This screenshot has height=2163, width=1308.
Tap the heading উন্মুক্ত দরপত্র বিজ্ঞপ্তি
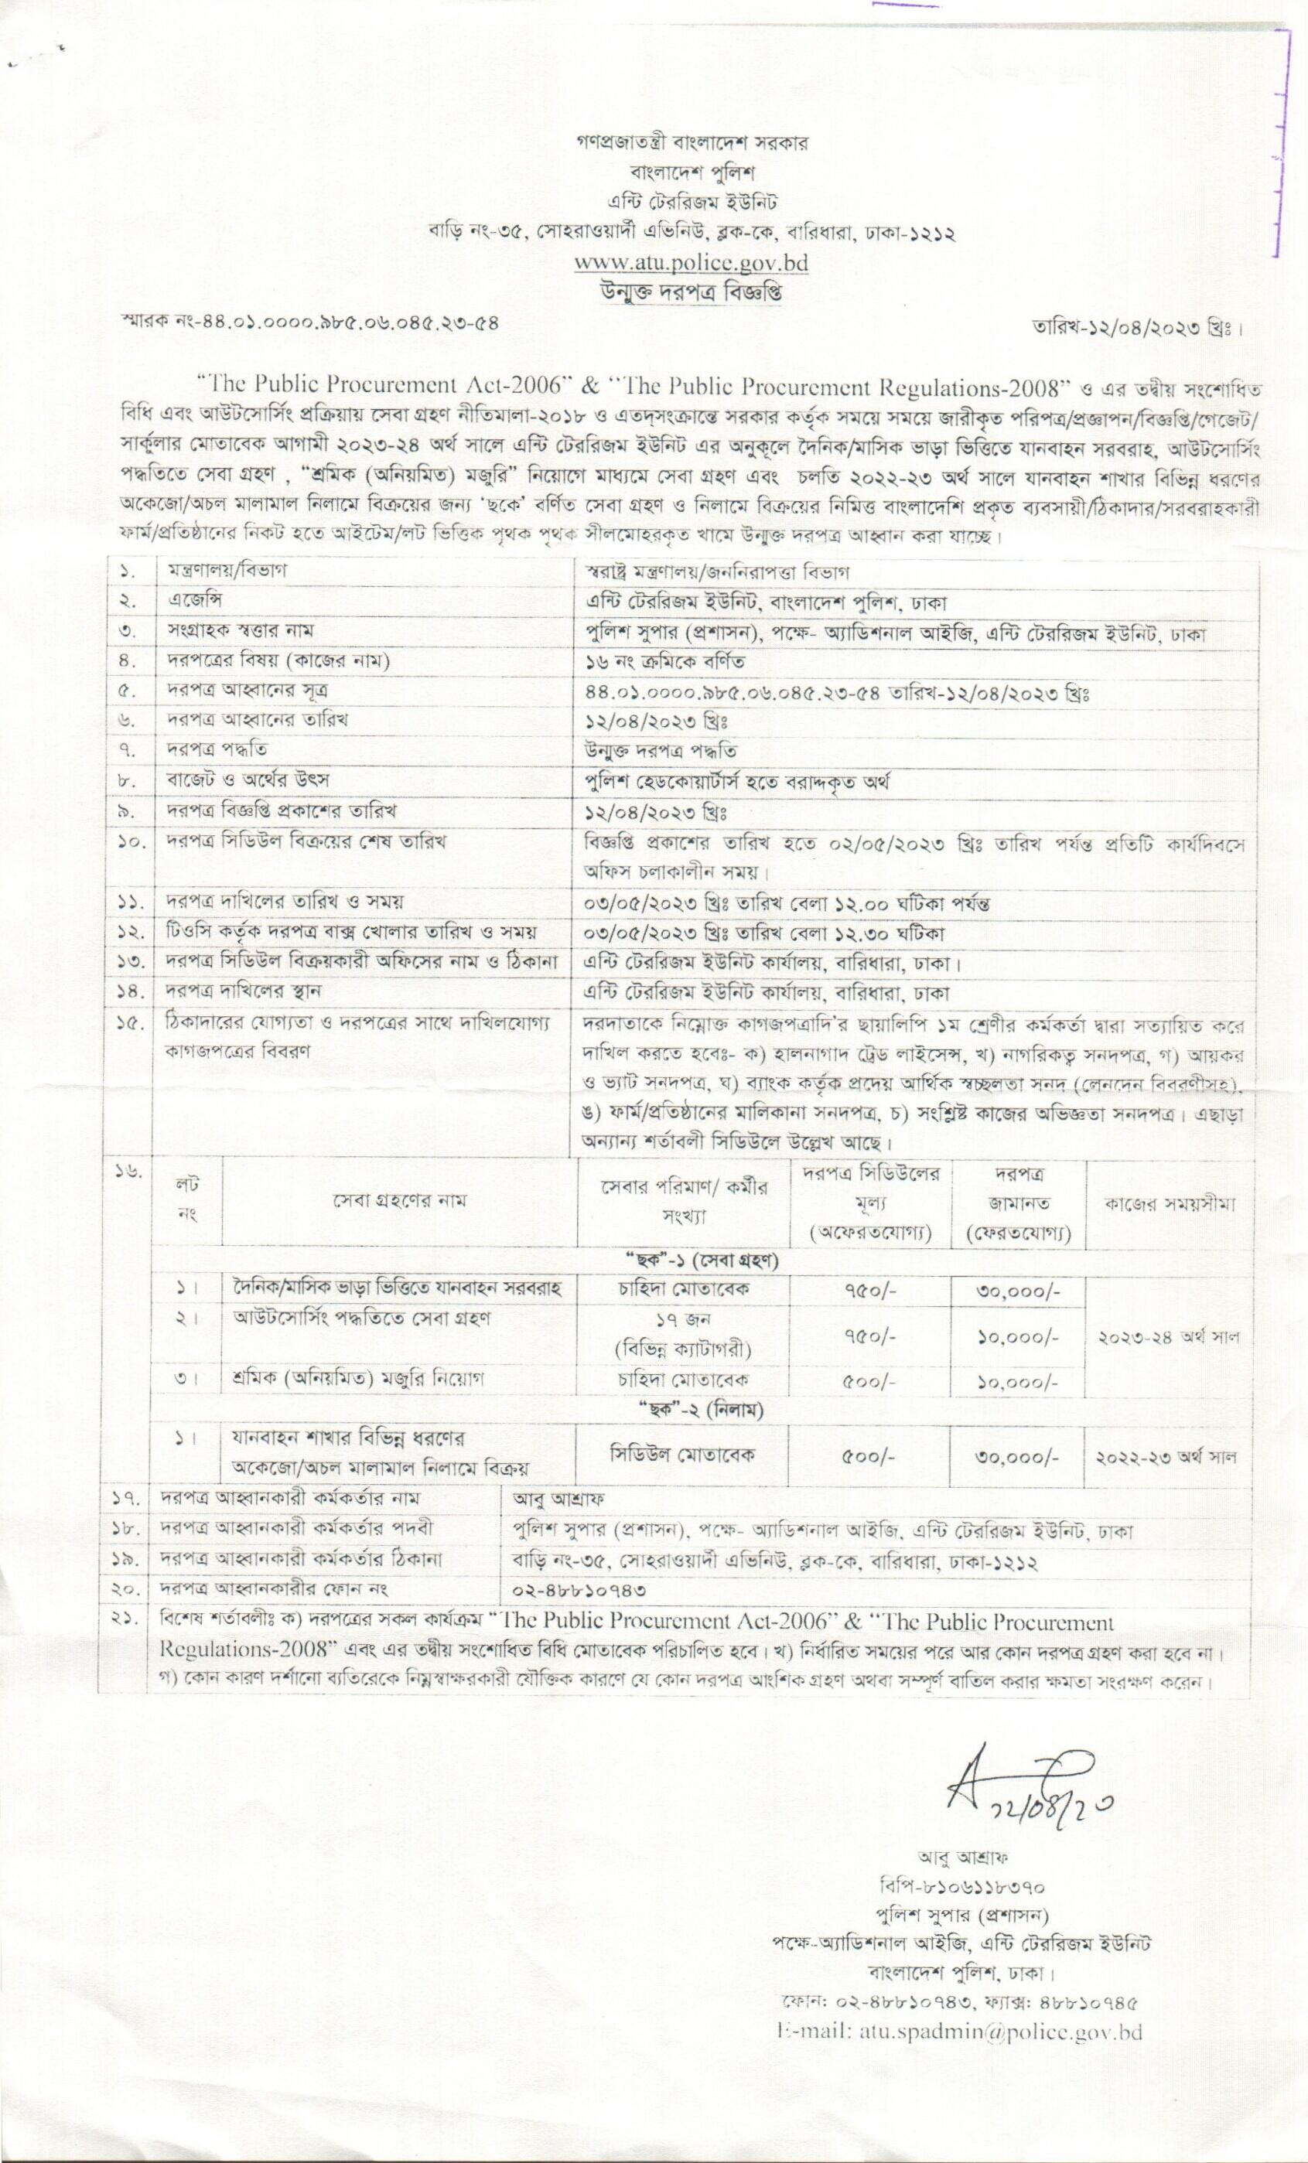coord(691,291)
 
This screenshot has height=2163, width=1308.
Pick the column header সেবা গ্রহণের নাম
coord(399,1201)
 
